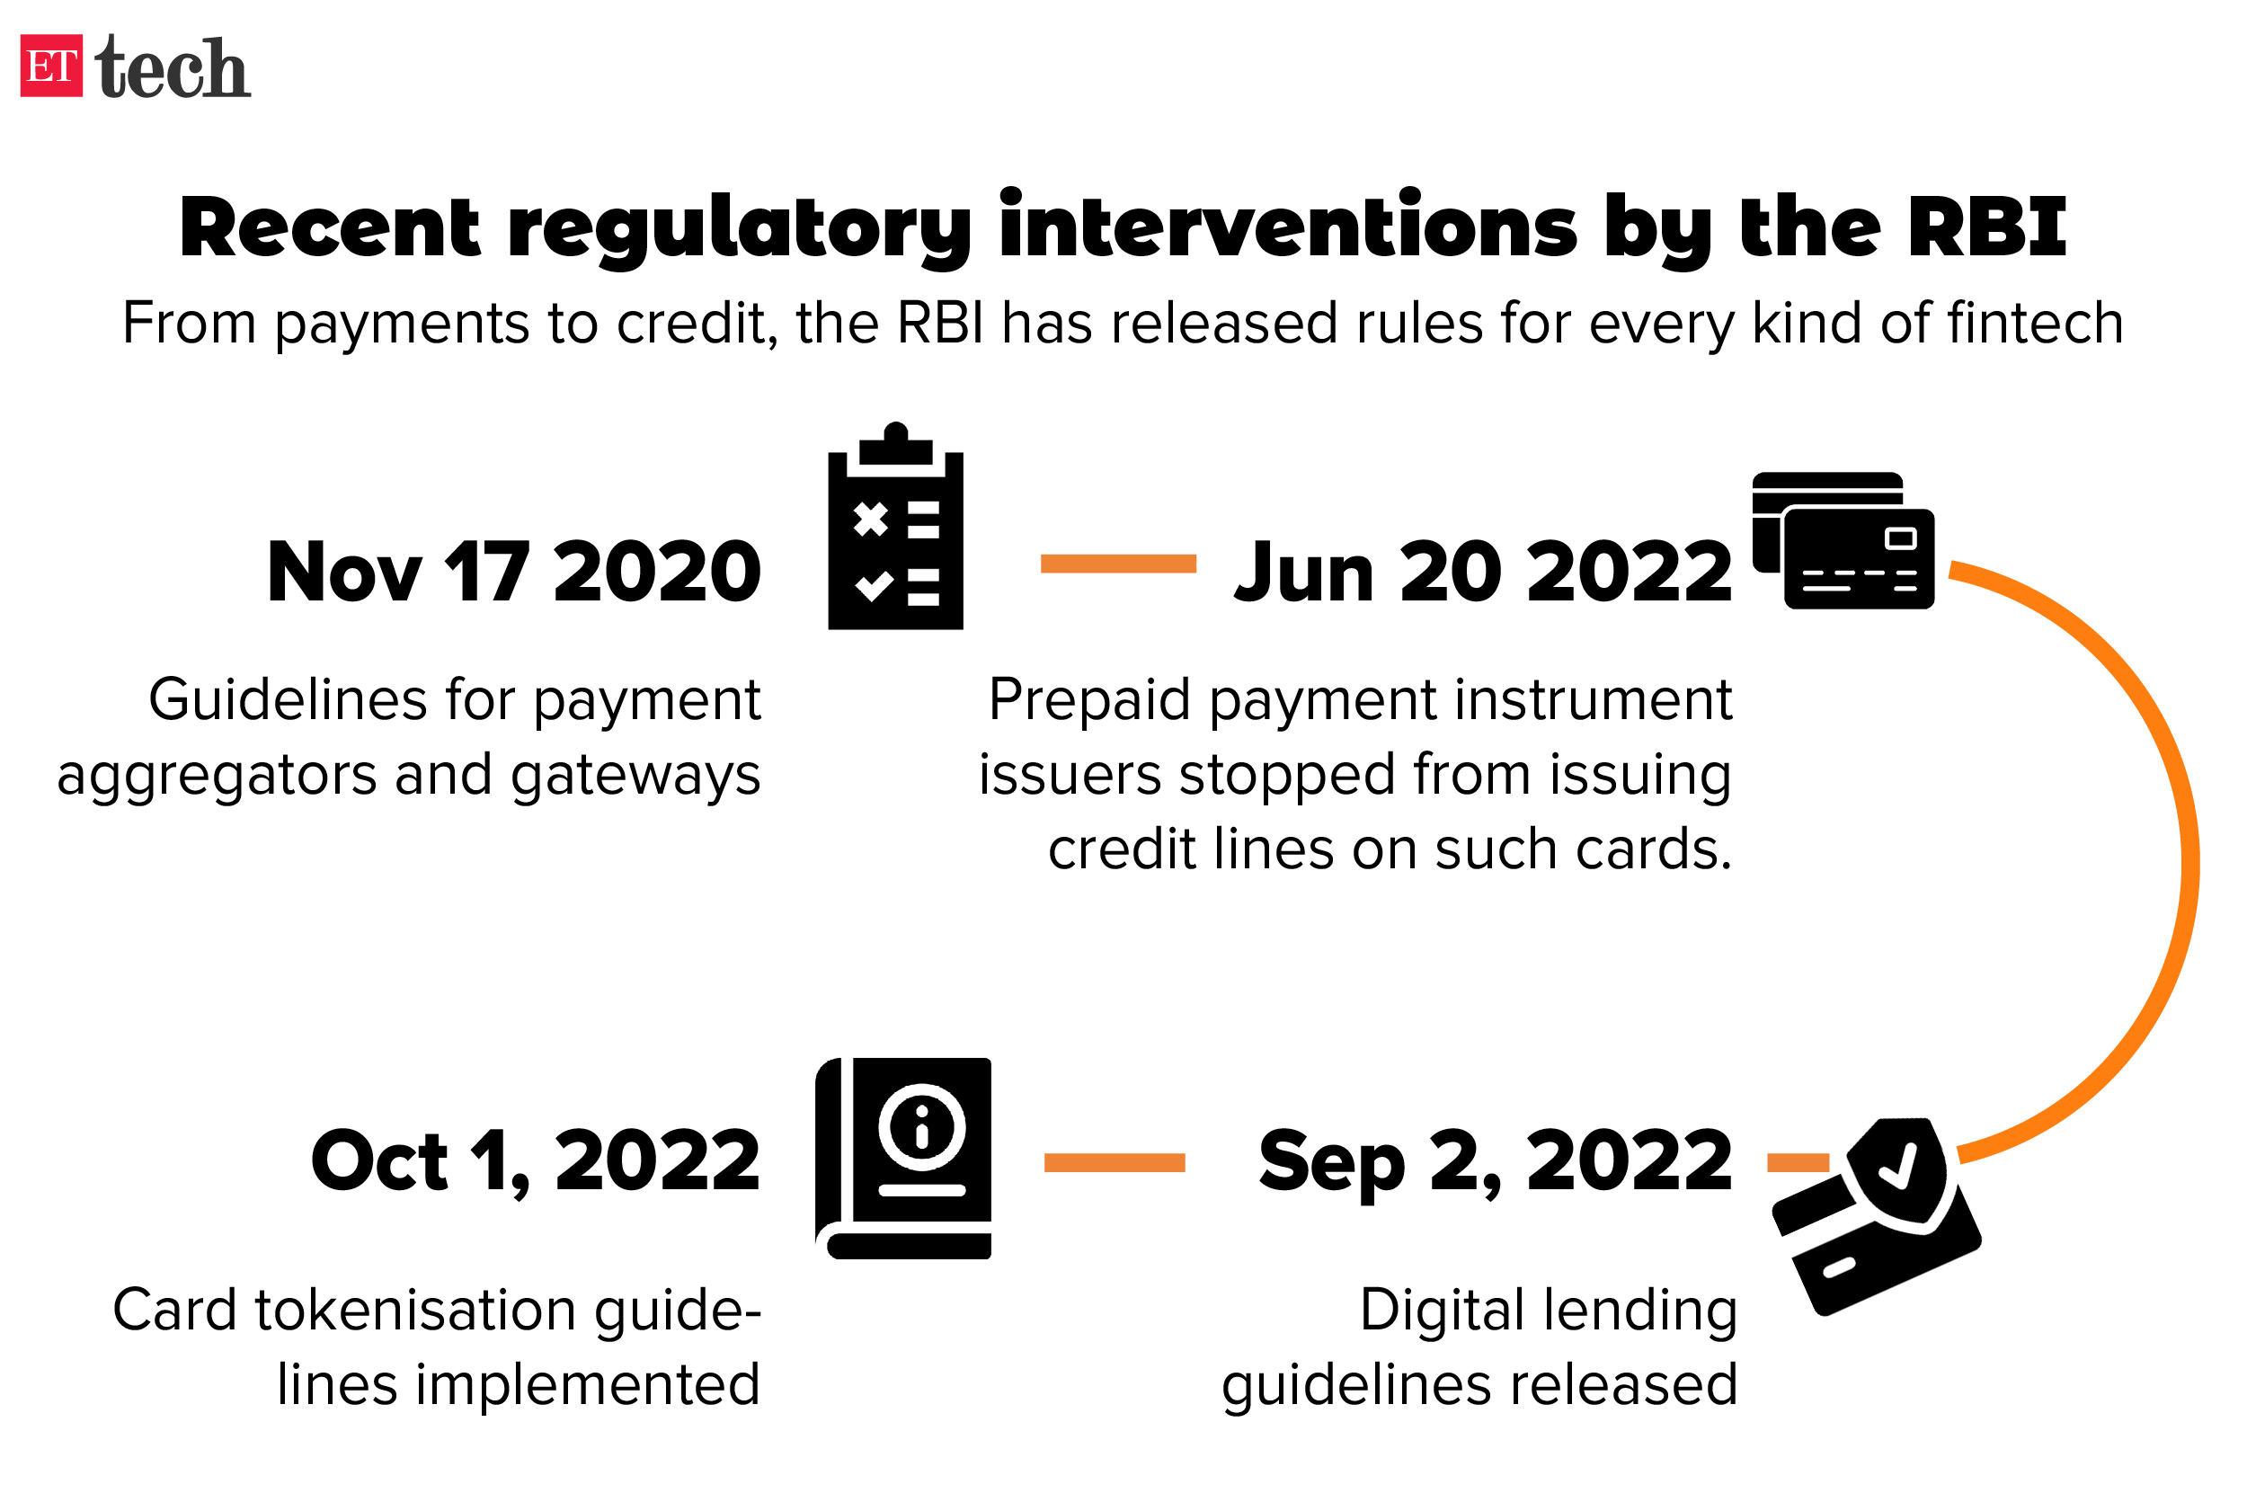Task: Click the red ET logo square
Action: coord(51,66)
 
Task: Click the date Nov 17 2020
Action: coord(513,572)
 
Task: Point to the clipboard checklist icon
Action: coord(895,525)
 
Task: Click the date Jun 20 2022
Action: coord(1484,572)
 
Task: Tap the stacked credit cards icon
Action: coord(1843,539)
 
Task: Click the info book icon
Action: coord(904,1158)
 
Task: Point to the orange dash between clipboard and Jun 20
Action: coord(1118,564)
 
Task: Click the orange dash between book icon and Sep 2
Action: coord(1115,1162)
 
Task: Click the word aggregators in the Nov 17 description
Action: coord(217,777)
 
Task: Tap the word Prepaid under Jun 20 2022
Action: coord(1089,701)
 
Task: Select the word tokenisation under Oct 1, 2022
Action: coord(416,1311)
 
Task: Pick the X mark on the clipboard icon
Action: coord(870,520)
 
